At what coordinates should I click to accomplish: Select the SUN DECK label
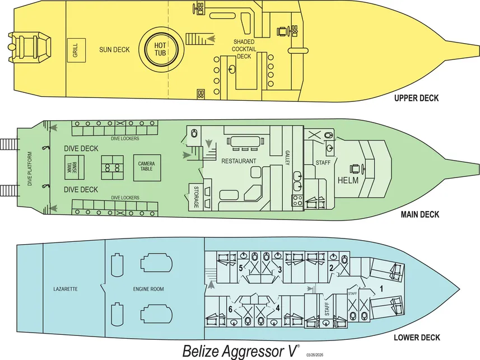tap(114, 50)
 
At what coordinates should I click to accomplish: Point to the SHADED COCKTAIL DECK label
tap(245, 49)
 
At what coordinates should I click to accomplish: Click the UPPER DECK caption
tap(416, 99)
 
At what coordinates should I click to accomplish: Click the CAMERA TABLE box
tap(146, 166)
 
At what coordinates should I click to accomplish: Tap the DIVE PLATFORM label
tap(30, 168)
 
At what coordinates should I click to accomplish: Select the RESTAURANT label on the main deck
tap(239, 161)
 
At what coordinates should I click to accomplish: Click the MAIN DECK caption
tap(420, 214)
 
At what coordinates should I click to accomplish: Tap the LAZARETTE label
tap(65, 289)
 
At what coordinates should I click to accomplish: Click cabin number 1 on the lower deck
tap(381, 289)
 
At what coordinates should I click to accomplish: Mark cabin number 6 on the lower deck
tap(230, 309)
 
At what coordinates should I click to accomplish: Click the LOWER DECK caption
tap(417, 338)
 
